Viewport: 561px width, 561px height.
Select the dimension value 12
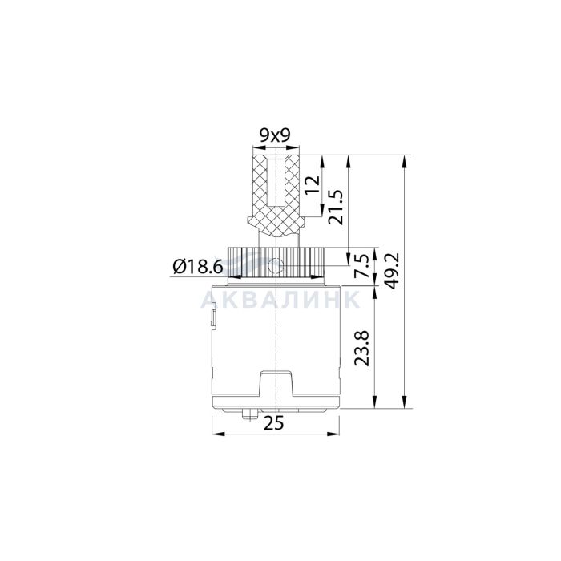coord(313,184)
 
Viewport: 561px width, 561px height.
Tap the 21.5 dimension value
coord(336,207)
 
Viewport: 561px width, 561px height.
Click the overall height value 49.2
coord(391,271)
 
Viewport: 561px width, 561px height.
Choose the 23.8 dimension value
coord(361,348)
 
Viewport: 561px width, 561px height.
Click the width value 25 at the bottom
coord(274,423)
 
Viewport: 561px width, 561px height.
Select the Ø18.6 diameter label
coord(198,266)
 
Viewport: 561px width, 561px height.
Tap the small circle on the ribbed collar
coord(276,266)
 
